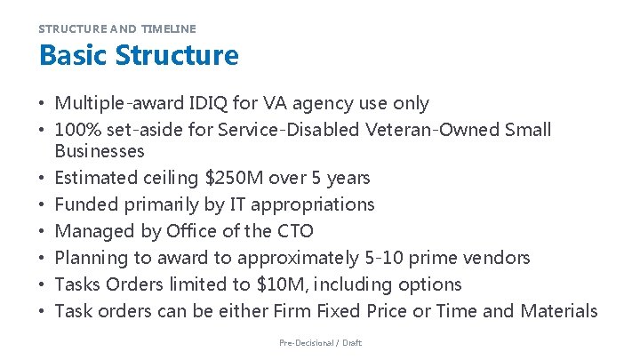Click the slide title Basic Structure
pyautogui.click(x=139, y=56)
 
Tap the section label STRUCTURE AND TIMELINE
pyautogui.click(x=116, y=28)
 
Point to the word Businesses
pyautogui.click(x=100, y=151)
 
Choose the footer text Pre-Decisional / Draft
pyautogui.click(x=320, y=343)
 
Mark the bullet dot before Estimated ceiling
pyautogui.click(x=44, y=179)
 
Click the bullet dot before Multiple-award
pyautogui.click(x=44, y=105)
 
